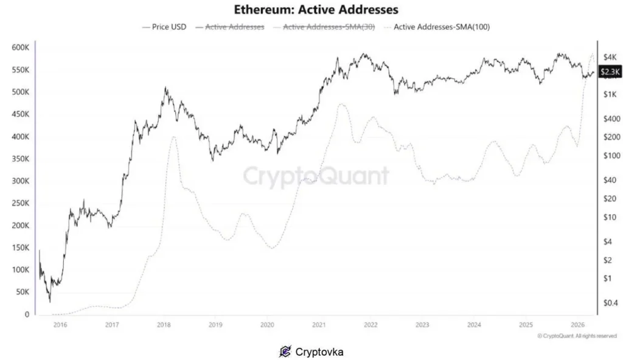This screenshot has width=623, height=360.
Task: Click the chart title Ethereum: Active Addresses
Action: coord(316,10)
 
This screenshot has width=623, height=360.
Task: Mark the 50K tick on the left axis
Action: coord(22,292)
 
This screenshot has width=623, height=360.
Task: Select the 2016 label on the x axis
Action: coord(60,325)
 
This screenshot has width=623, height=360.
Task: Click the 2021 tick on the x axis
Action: coord(319,325)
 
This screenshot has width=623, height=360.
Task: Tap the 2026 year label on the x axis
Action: coord(577,325)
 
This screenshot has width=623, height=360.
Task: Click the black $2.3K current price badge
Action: coord(610,72)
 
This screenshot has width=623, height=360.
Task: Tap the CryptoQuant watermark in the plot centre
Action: coord(316,176)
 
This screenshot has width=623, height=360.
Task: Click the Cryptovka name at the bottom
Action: coord(319,351)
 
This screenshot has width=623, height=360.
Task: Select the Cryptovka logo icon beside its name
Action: coord(285,351)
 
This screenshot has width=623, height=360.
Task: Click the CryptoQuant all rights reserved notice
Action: coord(577,336)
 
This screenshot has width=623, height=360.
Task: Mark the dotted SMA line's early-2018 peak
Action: coord(173,137)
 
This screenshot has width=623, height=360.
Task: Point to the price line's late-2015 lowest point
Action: coord(50,302)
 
